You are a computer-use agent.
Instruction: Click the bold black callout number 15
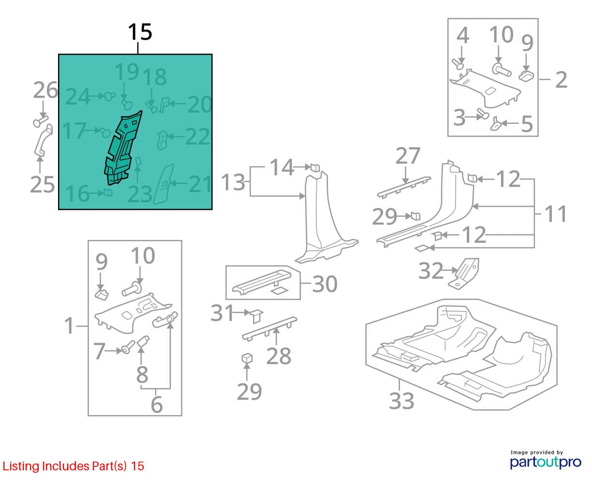[140, 32]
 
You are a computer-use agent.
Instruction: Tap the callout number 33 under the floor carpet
[401, 401]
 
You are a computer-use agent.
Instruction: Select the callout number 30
[325, 284]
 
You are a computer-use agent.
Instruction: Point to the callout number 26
[45, 90]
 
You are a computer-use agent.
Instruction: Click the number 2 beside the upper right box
[561, 80]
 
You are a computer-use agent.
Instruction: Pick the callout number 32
[430, 270]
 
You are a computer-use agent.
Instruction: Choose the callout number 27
[408, 155]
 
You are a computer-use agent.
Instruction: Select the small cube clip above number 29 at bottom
[247, 359]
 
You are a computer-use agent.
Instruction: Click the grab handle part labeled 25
[43, 140]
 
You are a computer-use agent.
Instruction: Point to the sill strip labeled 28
[269, 329]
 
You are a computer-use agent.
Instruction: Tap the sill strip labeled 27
[404, 187]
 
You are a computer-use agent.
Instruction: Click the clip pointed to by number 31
[256, 316]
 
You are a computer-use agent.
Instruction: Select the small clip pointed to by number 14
[315, 167]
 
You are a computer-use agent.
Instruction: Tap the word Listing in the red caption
[21, 466]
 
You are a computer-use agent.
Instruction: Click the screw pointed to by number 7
[128, 347]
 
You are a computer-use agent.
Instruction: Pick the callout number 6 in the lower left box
[157, 405]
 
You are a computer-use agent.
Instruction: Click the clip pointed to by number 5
[496, 124]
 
